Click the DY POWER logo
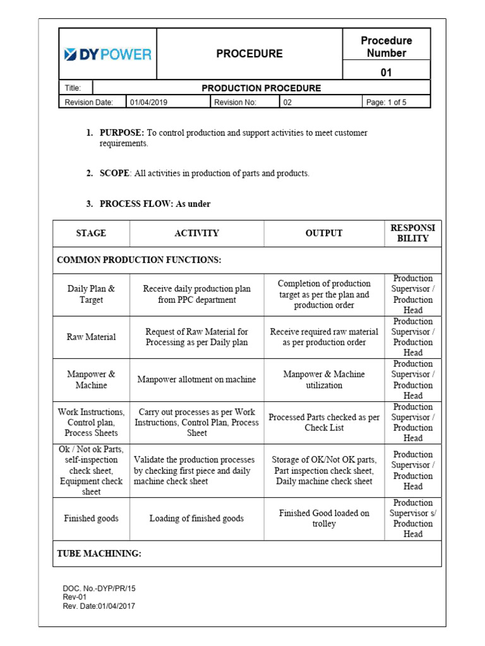pyautogui.click(x=107, y=54)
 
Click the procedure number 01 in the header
pyautogui.click(x=386, y=73)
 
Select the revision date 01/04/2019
pyautogui.click(x=149, y=102)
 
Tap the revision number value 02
pyautogui.click(x=287, y=102)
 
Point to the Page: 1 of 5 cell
pyautogui.click(x=386, y=102)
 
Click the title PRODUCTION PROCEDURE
pyautogui.click(x=261, y=88)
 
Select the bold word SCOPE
pyautogui.click(x=114, y=173)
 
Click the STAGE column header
pyautogui.click(x=91, y=233)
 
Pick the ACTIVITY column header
pyautogui.click(x=196, y=233)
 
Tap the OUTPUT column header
pyautogui.click(x=323, y=233)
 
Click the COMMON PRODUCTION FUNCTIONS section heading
pyautogui.click(x=139, y=260)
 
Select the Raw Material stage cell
pyautogui.click(x=91, y=337)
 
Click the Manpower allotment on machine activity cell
pyautogui.click(x=196, y=380)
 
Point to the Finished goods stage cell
pyautogui.click(x=91, y=519)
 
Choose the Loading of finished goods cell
pyautogui.click(x=196, y=519)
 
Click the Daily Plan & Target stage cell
pyautogui.click(x=91, y=295)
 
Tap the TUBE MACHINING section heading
pyautogui.click(x=99, y=553)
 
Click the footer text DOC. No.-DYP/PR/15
pyautogui.click(x=99, y=588)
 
